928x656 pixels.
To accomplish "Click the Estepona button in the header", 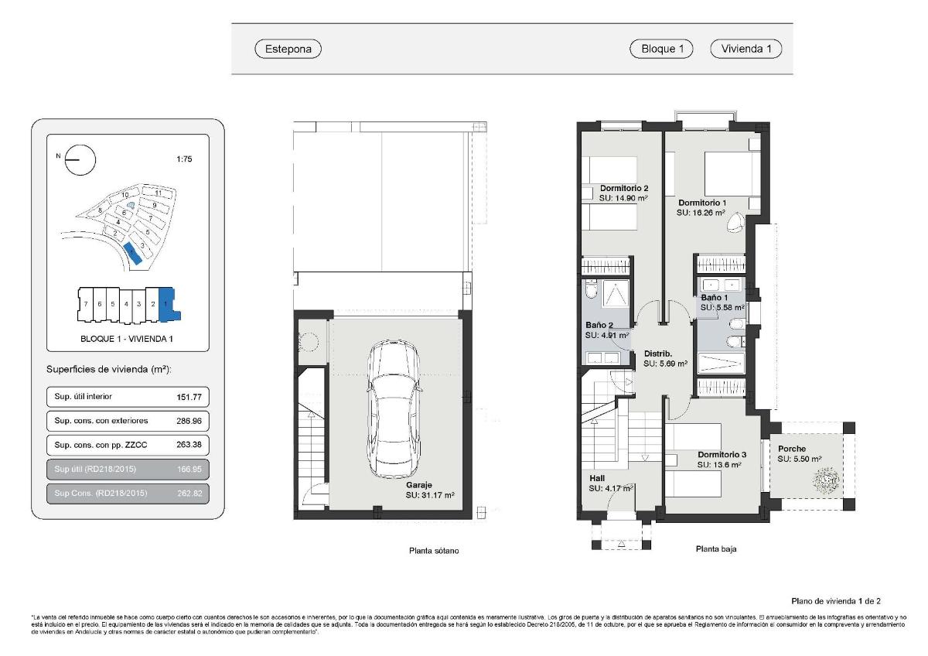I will click(288, 49).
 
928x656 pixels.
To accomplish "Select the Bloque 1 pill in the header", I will click(661, 49).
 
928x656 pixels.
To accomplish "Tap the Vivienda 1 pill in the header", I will click(745, 49).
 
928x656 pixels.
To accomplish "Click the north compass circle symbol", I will click(80, 161).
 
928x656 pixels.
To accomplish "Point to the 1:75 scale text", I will click(184, 159).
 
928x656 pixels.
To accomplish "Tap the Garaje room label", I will click(418, 485).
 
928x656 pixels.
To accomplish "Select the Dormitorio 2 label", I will click(623, 188).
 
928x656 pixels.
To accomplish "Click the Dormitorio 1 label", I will click(702, 203).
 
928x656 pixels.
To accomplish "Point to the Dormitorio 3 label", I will click(722, 455).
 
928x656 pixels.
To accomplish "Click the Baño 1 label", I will click(714, 297).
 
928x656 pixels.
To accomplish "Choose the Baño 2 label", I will click(599, 326).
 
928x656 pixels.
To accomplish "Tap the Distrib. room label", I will click(659, 354).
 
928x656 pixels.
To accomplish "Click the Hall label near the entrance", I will click(597, 479).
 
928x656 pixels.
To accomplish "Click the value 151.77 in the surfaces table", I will click(189, 397).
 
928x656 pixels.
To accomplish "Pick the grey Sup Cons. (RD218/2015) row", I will click(128, 494).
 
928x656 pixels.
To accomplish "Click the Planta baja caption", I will click(715, 550).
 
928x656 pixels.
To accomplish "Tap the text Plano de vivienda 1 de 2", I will click(836, 601).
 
